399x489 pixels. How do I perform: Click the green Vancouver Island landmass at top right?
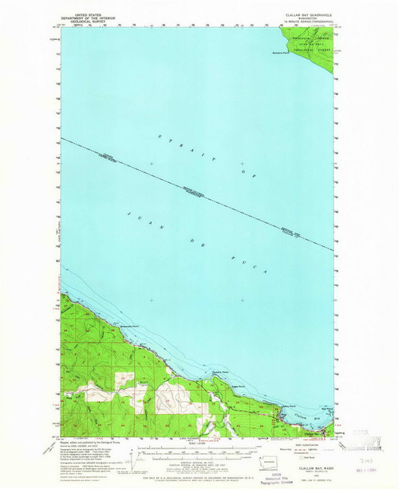[311, 44]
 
